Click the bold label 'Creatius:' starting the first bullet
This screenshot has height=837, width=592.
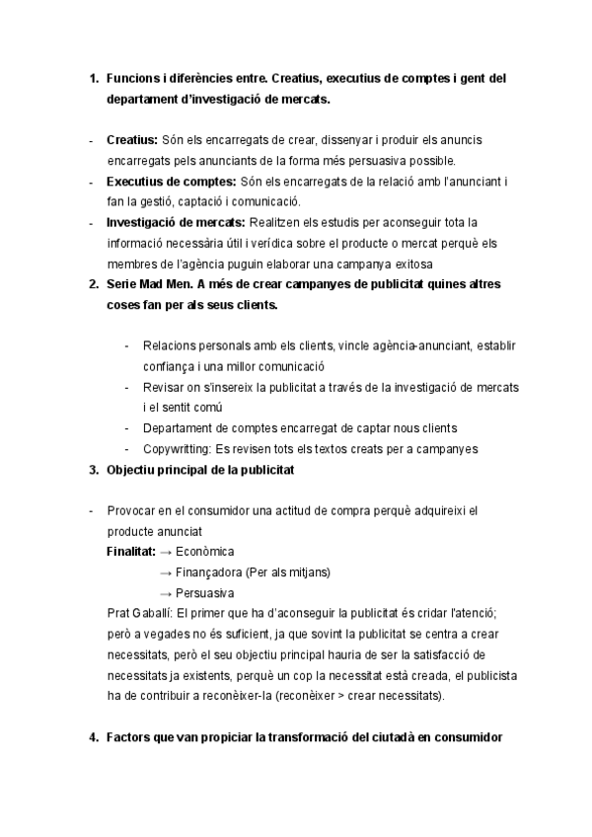[x=131, y=140]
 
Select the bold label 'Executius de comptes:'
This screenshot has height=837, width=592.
[x=171, y=182]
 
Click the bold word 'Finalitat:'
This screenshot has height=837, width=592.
[x=130, y=551]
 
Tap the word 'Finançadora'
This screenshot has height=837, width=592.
[x=209, y=571]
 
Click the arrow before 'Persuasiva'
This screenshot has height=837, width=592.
[x=166, y=592]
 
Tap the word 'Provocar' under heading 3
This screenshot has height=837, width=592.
[x=130, y=510]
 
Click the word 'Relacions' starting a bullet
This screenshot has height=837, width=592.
[x=170, y=345]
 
